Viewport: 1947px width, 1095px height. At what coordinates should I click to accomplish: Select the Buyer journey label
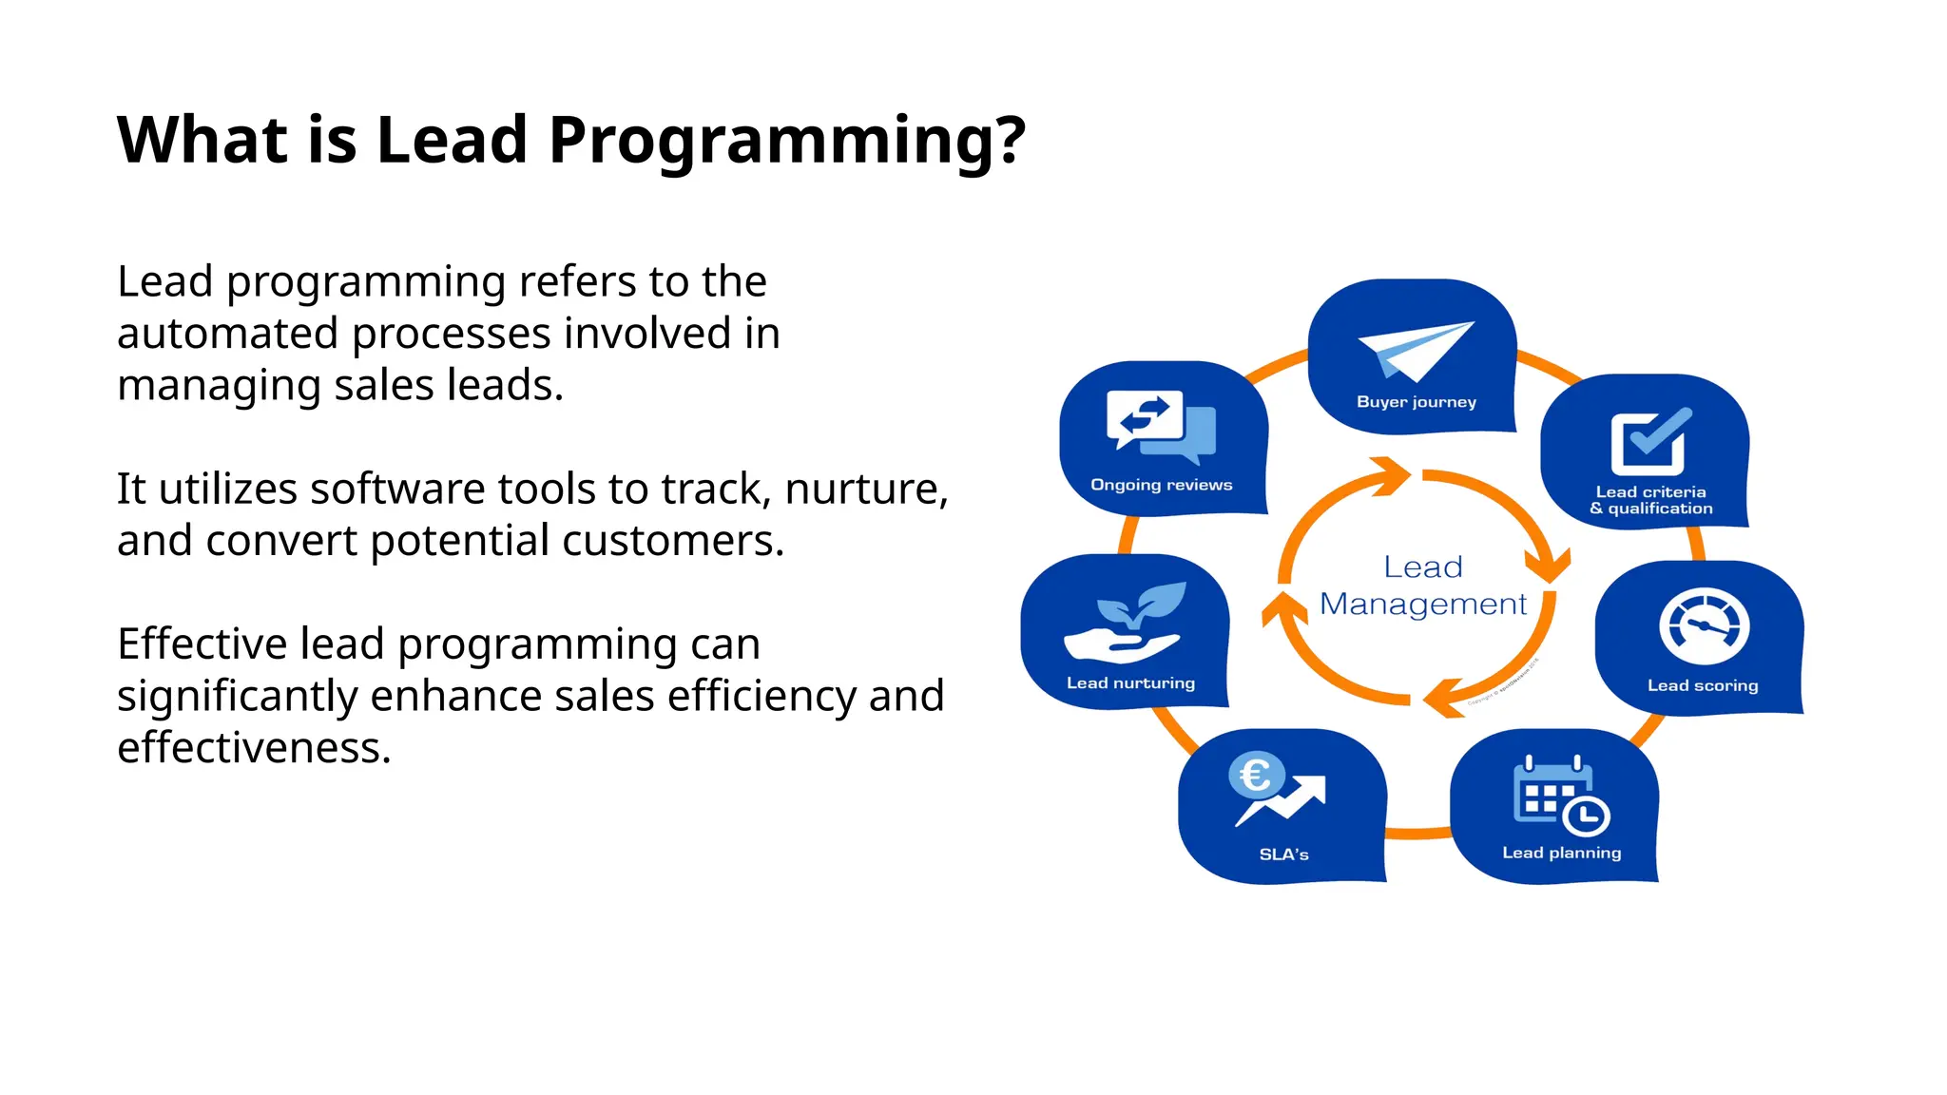click(1416, 402)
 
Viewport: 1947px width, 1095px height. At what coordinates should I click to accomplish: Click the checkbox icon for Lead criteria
click(1648, 442)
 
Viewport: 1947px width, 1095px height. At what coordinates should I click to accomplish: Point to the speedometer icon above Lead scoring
click(1704, 627)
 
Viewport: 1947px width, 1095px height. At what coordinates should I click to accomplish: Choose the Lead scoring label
click(1702, 685)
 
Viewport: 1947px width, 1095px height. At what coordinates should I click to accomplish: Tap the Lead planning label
click(1561, 853)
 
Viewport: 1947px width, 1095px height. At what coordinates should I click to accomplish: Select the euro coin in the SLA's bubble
click(1256, 776)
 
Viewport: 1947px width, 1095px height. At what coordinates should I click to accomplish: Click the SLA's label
click(1283, 855)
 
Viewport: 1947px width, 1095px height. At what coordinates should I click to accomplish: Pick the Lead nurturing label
click(1130, 683)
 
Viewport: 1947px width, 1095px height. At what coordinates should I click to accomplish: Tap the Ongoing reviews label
click(1161, 485)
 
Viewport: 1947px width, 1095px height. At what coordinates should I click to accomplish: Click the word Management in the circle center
click(1422, 605)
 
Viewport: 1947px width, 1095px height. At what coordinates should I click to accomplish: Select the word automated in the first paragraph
click(227, 334)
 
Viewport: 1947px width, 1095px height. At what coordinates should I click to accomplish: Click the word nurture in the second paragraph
click(860, 490)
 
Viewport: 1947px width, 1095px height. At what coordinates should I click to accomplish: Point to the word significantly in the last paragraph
click(237, 697)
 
